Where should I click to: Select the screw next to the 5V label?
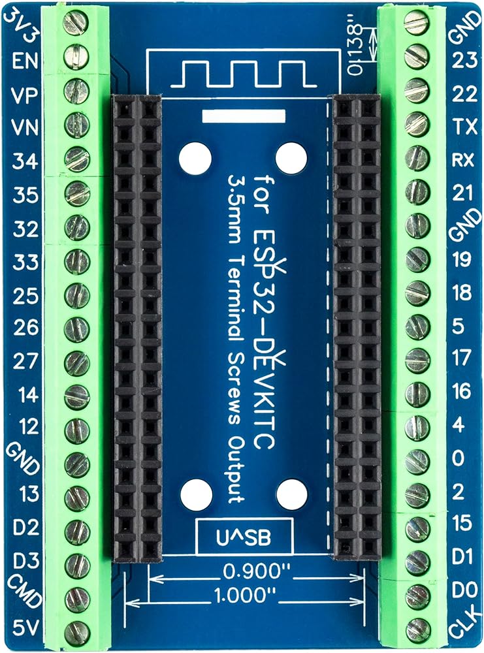(x=77, y=631)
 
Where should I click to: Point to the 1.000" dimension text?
(x=246, y=595)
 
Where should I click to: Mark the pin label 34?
(x=25, y=161)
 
